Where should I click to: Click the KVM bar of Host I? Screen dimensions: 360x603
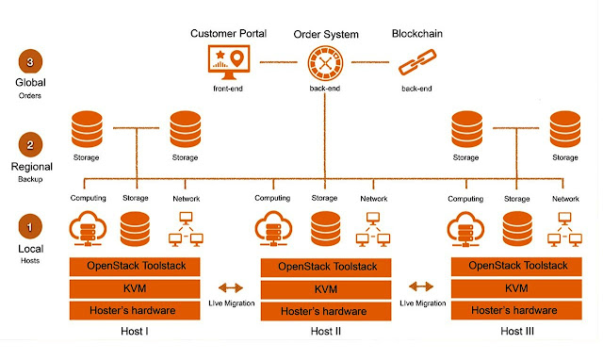136,288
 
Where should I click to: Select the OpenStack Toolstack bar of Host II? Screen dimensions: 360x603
325,267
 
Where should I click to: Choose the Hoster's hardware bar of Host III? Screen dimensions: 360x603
517,310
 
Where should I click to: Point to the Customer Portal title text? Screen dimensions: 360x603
228,34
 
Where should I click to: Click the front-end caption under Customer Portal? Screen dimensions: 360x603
228,89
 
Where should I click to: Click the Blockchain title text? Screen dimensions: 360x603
416,34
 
